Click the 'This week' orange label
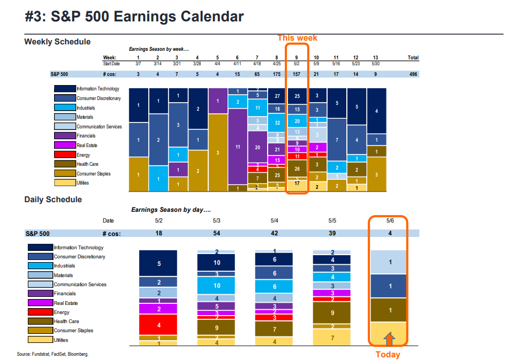[297, 38]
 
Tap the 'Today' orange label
[388, 354]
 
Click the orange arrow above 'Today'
[389, 338]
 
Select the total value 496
[413, 74]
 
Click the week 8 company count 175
[277, 74]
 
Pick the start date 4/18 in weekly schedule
[257, 64]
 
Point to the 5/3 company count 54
[217, 233]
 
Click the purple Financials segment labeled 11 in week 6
[237, 146]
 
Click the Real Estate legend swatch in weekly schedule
[65, 145]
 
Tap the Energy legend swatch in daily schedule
[40, 312]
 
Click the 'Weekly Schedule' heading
[57, 42]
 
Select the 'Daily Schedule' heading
[53, 200]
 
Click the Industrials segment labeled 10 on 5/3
[217, 286]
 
